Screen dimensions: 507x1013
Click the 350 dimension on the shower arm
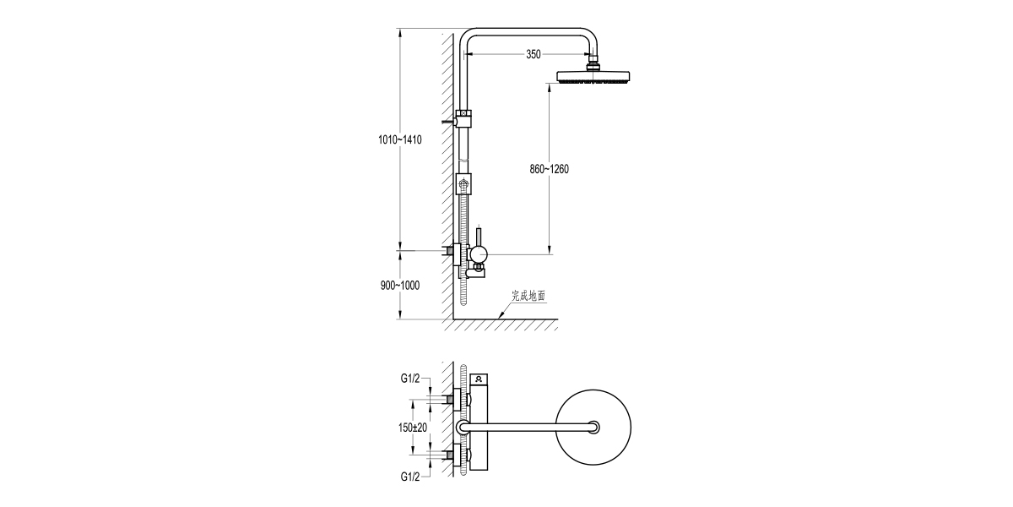[533, 54]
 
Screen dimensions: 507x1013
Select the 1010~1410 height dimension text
[399, 139]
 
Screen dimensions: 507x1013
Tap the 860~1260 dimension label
[550, 169]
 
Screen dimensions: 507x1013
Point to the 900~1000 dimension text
[399, 285]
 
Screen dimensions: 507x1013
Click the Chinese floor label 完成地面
[528, 297]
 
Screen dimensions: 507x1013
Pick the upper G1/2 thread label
[413, 379]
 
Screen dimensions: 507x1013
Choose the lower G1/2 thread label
[413, 477]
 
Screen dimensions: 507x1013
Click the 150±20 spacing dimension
[413, 428]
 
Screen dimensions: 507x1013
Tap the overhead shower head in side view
[594, 77]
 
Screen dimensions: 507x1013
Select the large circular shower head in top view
[594, 428]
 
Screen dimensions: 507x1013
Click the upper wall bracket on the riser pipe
[463, 118]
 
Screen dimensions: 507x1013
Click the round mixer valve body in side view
[478, 253]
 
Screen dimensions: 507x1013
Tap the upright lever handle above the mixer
[478, 234]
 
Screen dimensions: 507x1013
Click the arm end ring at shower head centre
[594, 428]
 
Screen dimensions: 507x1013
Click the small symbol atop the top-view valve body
[479, 379]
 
